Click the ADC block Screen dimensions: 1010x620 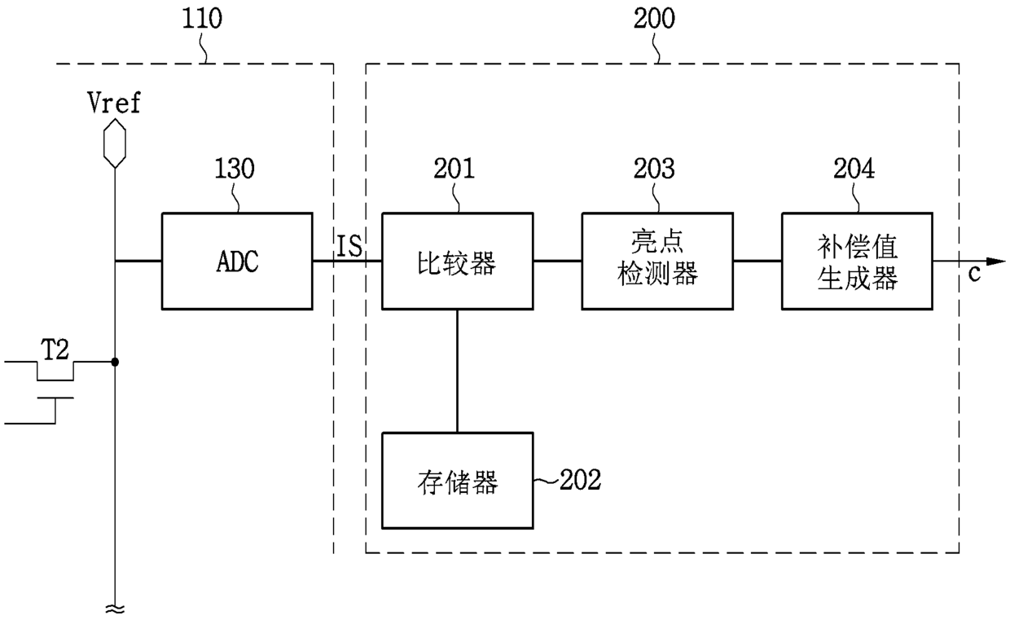pos(237,261)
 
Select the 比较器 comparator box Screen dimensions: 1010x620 pos(458,261)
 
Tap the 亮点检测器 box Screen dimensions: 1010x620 pos(657,261)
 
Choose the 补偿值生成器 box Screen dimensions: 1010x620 pos(857,261)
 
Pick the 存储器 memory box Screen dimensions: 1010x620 pos(458,481)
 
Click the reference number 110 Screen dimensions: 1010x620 pos(202,19)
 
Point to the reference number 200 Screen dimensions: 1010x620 pos(654,19)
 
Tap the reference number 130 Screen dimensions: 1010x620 pos(235,169)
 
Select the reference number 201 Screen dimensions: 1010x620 pos(454,169)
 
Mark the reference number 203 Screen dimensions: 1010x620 pos(654,169)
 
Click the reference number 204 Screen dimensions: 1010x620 pos(854,169)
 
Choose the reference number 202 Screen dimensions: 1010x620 pos(581,480)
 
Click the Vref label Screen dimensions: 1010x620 pos(114,103)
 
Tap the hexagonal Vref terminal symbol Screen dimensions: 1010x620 pos(115,143)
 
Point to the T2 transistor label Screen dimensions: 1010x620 pos(55,350)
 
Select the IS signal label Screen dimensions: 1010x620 pos(349,246)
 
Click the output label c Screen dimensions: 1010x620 pos(974,273)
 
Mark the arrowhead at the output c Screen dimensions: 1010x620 pos(996,262)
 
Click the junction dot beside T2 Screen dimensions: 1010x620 pos(115,362)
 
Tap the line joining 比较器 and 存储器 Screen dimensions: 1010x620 pos(457,371)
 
